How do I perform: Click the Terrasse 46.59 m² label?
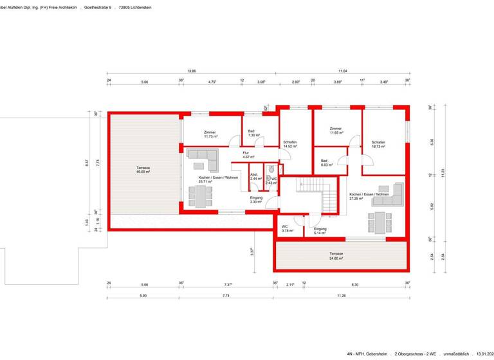[143, 170]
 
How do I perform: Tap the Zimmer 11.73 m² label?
[210, 134]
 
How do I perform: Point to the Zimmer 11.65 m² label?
[336, 130]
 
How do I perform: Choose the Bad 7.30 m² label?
[254, 133]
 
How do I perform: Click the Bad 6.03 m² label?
[325, 162]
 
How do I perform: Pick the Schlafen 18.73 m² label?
[378, 144]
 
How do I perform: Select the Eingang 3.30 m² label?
[256, 200]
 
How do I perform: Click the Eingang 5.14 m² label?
[320, 231]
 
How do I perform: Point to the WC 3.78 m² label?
[287, 228]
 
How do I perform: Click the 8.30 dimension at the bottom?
[355, 284]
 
